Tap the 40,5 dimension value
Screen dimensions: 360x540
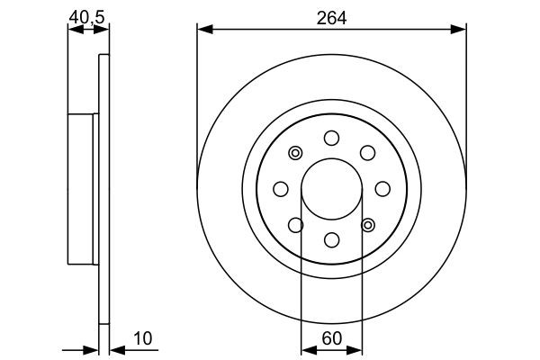point(87,15)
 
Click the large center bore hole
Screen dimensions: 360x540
point(331,188)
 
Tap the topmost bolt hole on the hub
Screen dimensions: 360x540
point(331,138)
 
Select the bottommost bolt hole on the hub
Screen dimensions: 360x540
point(331,239)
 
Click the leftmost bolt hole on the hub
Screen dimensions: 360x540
point(280,188)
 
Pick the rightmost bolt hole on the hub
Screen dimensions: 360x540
point(382,188)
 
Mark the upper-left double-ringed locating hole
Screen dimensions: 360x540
point(295,153)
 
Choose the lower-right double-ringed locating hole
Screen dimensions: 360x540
point(367,224)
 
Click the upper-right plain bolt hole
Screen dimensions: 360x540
point(367,153)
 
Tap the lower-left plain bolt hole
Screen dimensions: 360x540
point(295,224)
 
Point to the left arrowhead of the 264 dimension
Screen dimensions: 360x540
point(203,31)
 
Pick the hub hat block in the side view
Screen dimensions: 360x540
point(83,188)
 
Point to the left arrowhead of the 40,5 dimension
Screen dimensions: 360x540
point(75,30)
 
